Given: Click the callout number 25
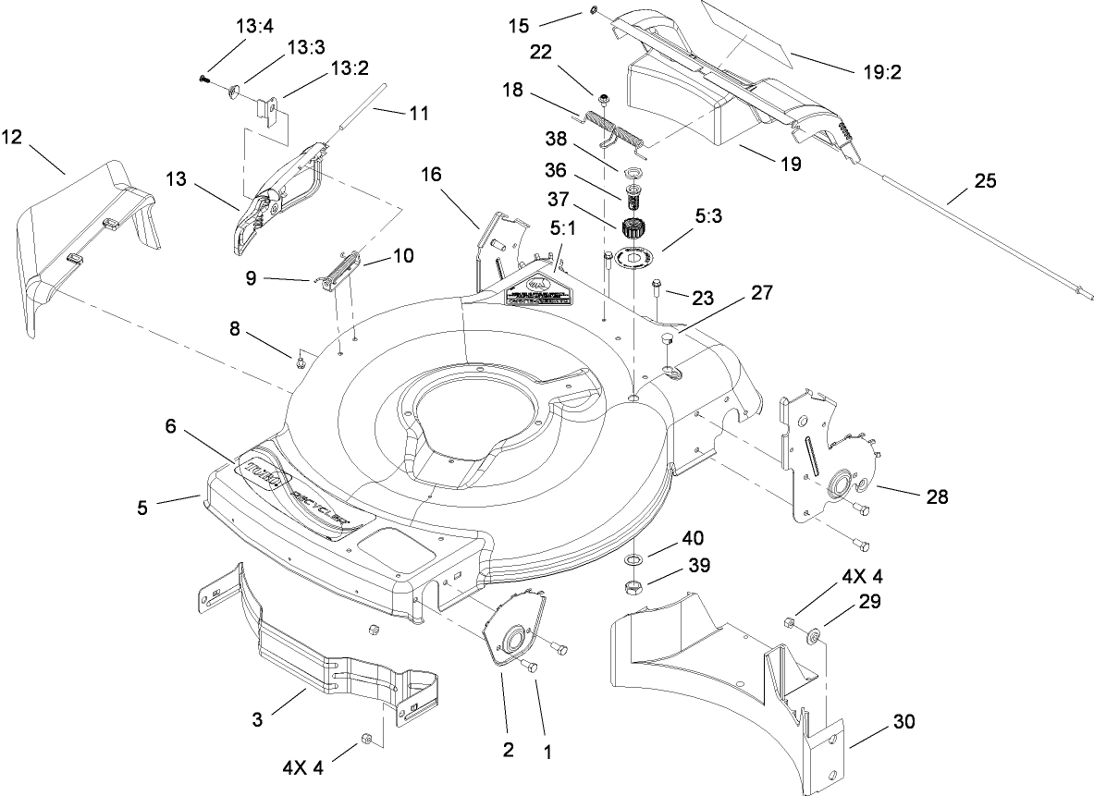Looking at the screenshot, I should click(x=985, y=181).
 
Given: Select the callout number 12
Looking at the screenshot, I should click(x=12, y=138).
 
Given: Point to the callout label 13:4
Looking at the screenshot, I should click(x=254, y=25).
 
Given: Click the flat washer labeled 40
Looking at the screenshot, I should click(x=635, y=560).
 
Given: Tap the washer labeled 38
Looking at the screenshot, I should click(x=633, y=172).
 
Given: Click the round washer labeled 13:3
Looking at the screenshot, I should click(x=231, y=91).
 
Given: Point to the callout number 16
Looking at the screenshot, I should click(x=433, y=174).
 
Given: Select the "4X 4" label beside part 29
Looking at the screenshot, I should click(x=861, y=577).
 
